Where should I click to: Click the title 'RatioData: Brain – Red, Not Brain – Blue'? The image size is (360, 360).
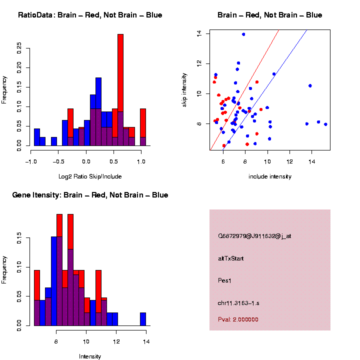coord(90,15)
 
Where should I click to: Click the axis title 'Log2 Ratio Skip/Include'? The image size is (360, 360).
coord(90,176)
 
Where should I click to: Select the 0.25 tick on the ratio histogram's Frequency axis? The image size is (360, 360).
coord(19,47)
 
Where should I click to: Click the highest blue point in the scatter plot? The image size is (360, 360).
coord(243,34)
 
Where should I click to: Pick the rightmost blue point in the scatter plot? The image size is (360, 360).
coord(325,124)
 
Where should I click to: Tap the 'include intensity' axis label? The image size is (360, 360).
coord(270,176)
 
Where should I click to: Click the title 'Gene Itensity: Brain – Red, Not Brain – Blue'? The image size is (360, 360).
coord(90,195)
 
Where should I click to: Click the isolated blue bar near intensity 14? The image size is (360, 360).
coord(143,319)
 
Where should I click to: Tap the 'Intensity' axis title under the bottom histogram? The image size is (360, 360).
coord(90,356)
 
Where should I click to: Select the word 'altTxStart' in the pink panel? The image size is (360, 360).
coord(231,258)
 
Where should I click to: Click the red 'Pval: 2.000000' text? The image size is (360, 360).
coord(238,319)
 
